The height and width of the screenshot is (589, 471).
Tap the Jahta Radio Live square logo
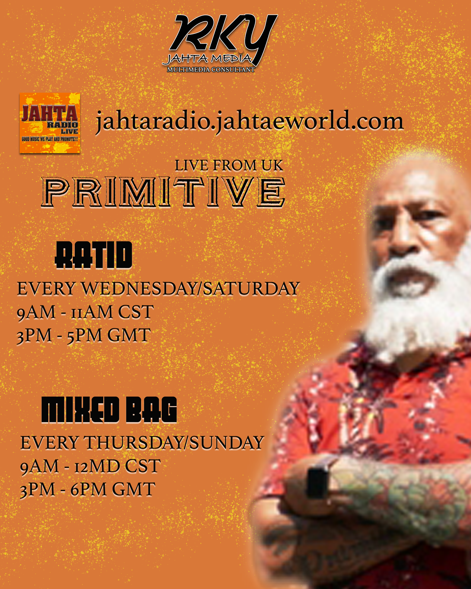[x=50, y=123]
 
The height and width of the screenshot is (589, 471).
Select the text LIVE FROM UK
[x=229, y=165]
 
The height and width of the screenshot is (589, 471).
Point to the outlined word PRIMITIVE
[x=163, y=192]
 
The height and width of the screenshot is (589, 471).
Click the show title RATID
[x=94, y=255]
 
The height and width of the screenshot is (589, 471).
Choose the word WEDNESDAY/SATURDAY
[x=191, y=288]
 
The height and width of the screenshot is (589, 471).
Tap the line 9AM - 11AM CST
[x=85, y=312]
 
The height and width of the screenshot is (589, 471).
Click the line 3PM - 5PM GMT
[x=84, y=335]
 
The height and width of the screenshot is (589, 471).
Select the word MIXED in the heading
[x=80, y=410]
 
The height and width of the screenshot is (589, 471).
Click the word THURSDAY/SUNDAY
[x=174, y=443]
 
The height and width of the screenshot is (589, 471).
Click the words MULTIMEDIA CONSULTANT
[x=211, y=70]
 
